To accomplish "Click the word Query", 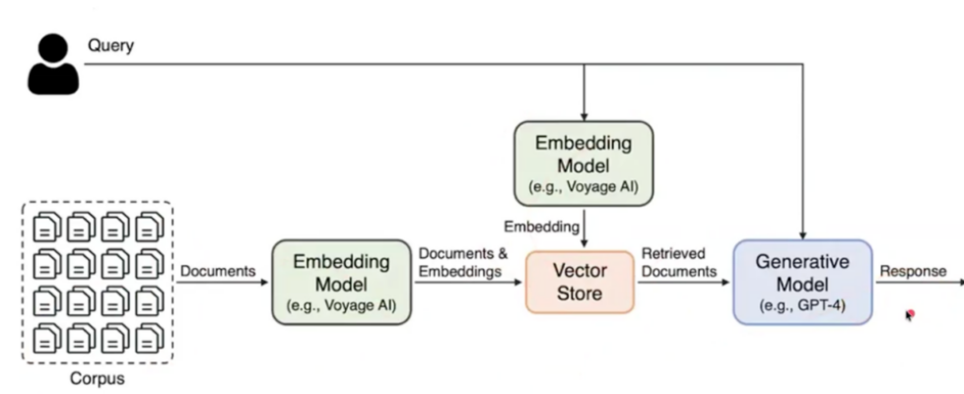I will pyautogui.click(x=110, y=45).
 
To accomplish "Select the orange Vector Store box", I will pyautogui.click(x=580, y=281).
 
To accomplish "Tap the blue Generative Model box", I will pyautogui.click(x=801, y=282).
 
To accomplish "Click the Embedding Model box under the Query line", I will pyautogui.click(x=583, y=163).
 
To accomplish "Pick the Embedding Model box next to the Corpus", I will pyautogui.click(x=341, y=281).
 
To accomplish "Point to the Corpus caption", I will pyautogui.click(x=97, y=377).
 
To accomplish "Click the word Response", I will pyautogui.click(x=913, y=271).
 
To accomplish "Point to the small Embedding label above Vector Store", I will pyautogui.click(x=541, y=227).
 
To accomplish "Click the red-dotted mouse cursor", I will pyautogui.click(x=910, y=315).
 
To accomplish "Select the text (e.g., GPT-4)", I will pyautogui.click(x=801, y=304).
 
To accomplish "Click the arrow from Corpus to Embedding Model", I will pyautogui.click(x=221, y=282).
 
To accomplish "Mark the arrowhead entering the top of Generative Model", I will pyautogui.click(x=804, y=233).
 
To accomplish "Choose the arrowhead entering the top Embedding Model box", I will pyautogui.click(x=585, y=115).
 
